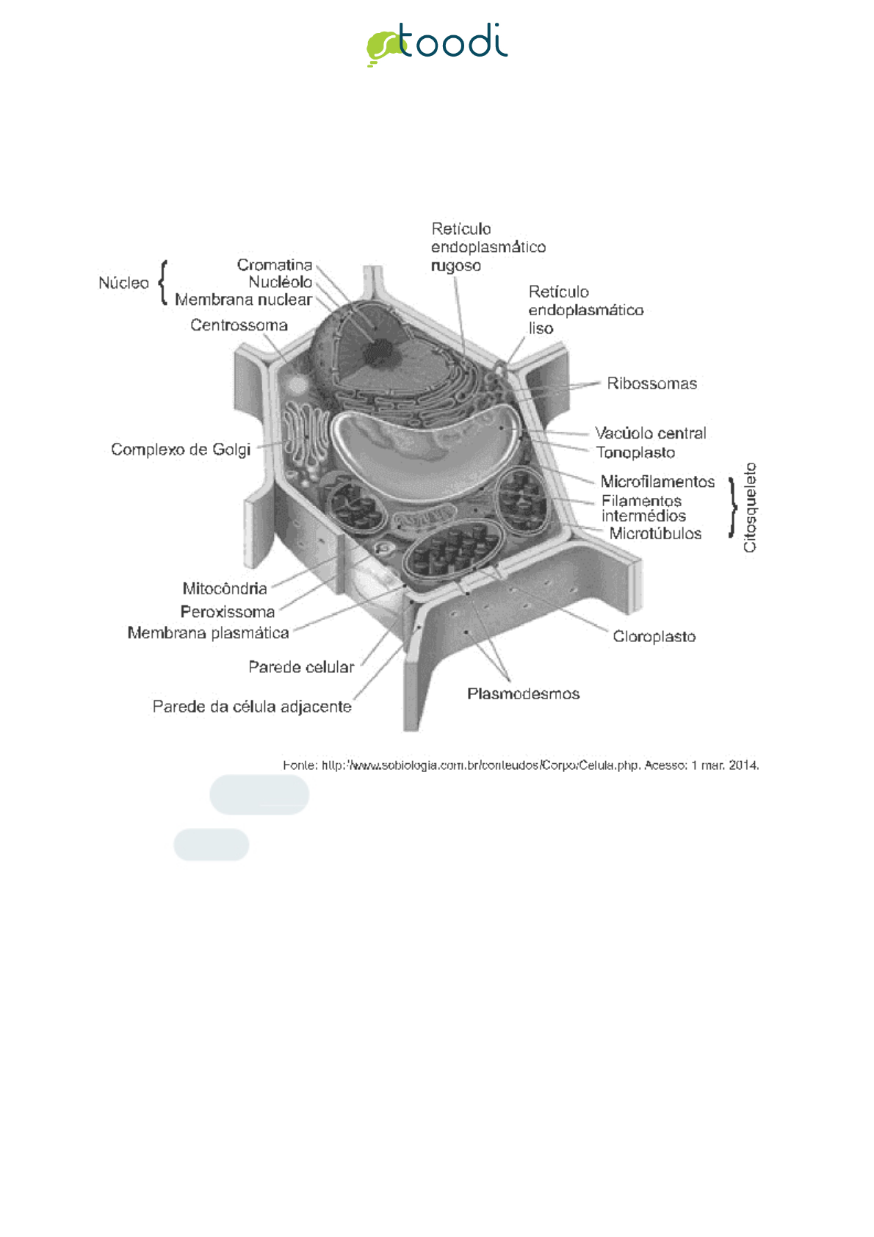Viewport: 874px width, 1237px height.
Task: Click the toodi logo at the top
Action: pos(437,44)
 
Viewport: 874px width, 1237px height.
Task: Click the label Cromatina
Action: pos(275,264)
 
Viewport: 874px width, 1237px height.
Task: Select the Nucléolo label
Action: pos(280,282)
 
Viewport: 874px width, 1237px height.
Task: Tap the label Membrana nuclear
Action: pos(243,300)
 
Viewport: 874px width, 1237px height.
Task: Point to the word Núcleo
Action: pos(123,283)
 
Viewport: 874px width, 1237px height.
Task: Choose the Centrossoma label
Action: pos(239,325)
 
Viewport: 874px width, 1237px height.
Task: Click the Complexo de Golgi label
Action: pos(181,449)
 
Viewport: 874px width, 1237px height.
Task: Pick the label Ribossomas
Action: pos(651,383)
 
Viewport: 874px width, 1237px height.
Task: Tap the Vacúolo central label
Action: pos(650,433)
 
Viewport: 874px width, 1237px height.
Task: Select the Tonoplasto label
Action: pos(635,452)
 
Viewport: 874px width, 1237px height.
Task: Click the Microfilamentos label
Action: pos(657,482)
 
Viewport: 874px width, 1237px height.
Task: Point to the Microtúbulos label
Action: pos(655,534)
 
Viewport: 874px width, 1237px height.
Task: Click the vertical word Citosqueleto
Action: pos(750,507)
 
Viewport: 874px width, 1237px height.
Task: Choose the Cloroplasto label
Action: pos(654,636)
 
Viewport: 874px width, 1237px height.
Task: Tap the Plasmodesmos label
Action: pos(523,693)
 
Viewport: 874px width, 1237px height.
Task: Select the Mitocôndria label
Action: pos(225,588)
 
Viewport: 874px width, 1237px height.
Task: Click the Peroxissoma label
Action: pos(228,611)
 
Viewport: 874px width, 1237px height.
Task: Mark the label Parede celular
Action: pos(301,667)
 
